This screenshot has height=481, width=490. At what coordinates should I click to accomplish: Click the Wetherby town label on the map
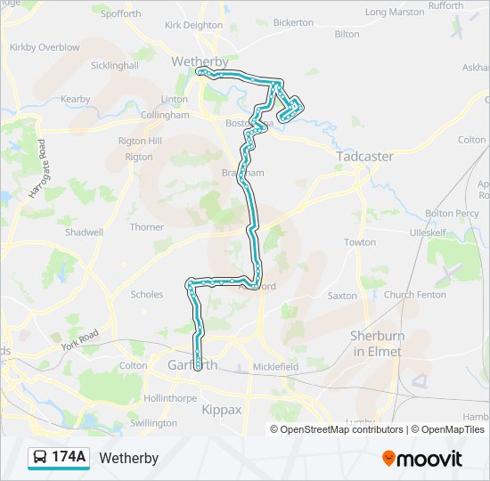[198, 62]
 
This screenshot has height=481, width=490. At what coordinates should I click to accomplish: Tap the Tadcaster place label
[364, 156]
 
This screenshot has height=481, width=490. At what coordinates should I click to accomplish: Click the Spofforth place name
[121, 14]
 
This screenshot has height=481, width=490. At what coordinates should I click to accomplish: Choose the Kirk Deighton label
[193, 27]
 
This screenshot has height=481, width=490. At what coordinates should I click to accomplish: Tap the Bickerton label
[293, 21]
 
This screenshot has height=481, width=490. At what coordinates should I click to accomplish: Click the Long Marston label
[395, 12]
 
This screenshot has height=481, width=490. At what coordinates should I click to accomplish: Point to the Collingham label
[165, 115]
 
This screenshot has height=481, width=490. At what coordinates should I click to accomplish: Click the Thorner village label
[147, 227]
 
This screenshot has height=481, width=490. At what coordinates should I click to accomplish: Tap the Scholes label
[147, 294]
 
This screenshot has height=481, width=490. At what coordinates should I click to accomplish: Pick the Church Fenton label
[415, 295]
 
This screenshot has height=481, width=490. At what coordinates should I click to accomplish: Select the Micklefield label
[275, 366]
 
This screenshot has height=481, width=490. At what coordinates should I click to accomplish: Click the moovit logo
[422, 458]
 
